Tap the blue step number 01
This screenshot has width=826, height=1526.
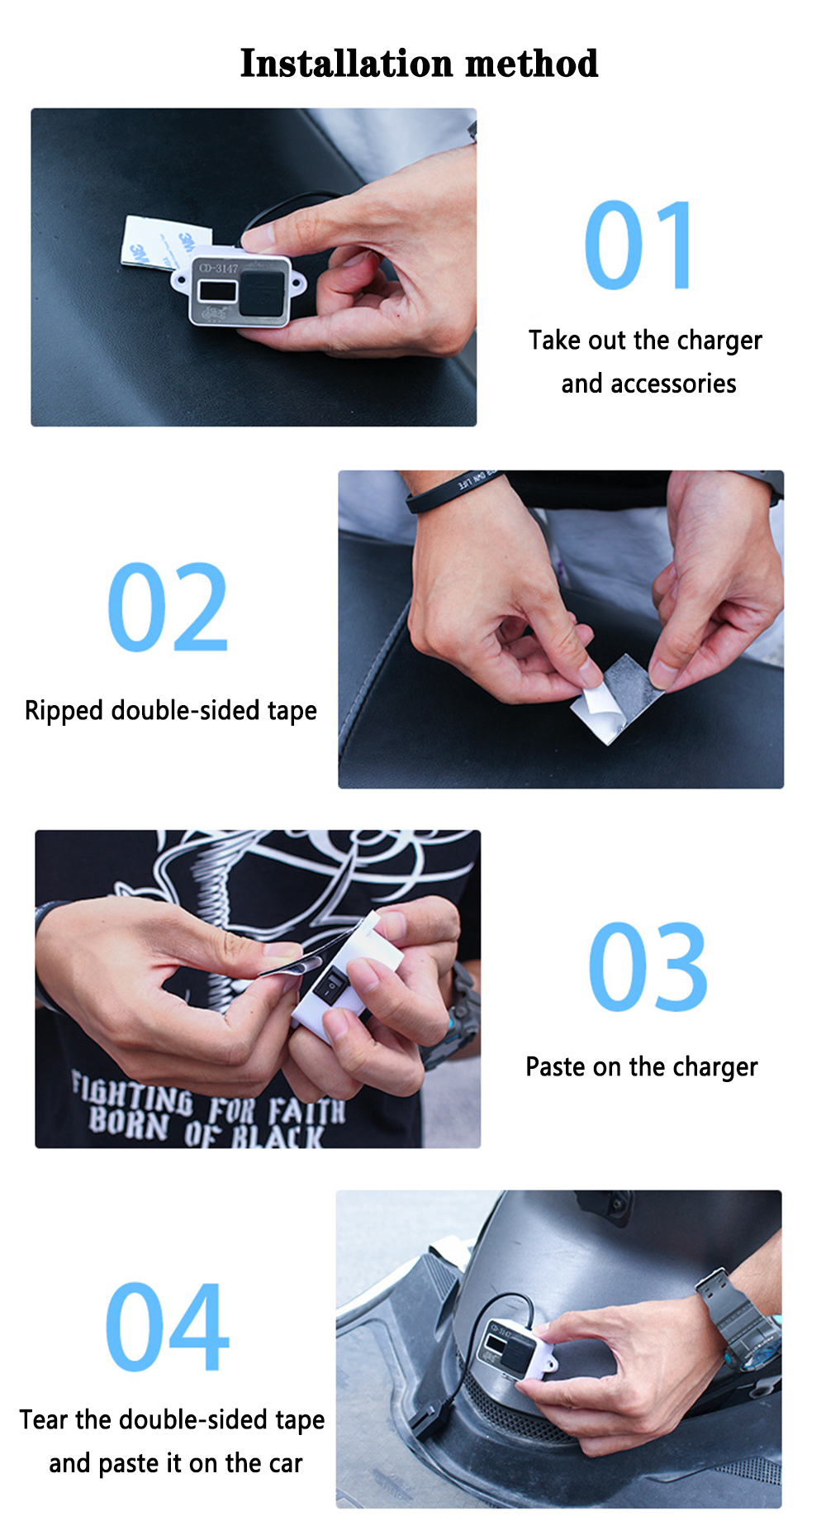(x=638, y=246)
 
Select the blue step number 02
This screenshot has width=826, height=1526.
(x=168, y=608)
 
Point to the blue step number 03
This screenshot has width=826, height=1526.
(x=648, y=967)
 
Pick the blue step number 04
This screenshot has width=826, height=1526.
(x=167, y=1327)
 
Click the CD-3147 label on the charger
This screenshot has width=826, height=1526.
(x=219, y=268)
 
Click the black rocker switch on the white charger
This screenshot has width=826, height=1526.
(x=330, y=986)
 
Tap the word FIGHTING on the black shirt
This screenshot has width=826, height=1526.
(x=131, y=1094)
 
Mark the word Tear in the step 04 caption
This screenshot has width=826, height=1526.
(x=44, y=1419)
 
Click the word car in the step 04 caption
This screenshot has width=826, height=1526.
(x=286, y=1464)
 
